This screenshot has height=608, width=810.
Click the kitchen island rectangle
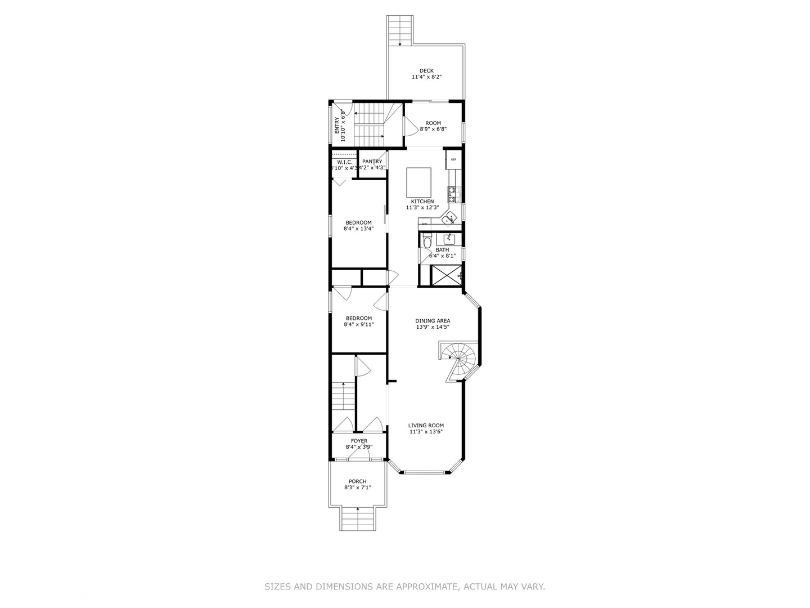click(x=418, y=181)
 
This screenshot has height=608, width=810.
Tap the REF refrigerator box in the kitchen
click(x=453, y=159)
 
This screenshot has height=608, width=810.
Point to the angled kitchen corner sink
click(x=449, y=219)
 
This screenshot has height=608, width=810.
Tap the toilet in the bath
click(x=427, y=243)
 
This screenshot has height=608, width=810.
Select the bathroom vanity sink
click(x=449, y=238)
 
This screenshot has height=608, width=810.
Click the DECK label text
click(x=426, y=71)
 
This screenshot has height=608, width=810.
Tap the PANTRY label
click(x=372, y=162)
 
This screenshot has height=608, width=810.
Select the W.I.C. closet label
click(x=344, y=162)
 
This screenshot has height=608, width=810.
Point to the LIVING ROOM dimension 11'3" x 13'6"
click(x=426, y=432)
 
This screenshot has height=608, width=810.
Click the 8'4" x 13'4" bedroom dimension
click(x=358, y=229)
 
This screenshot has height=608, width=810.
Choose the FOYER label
click(x=359, y=441)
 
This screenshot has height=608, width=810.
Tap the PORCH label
click(x=357, y=481)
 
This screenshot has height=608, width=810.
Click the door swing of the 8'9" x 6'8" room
click(x=410, y=127)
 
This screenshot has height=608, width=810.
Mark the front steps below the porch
click(x=358, y=518)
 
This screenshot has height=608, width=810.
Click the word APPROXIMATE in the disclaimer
click(x=427, y=587)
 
